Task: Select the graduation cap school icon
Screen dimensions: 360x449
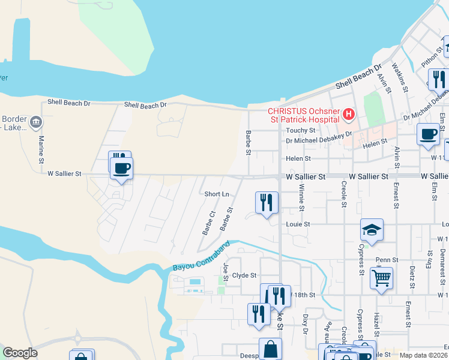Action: click(372, 230)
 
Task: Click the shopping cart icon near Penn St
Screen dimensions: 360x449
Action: click(381, 278)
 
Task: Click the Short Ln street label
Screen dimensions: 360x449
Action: click(217, 194)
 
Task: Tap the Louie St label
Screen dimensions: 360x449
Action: click(298, 224)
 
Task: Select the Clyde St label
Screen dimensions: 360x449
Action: click(244, 275)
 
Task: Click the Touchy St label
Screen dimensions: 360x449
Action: click(301, 130)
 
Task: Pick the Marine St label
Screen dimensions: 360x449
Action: click(42, 146)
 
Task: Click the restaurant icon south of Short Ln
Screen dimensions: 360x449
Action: click(267, 202)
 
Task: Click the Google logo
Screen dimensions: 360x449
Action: click(20, 353)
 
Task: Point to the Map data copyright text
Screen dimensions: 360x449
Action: click(424, 355)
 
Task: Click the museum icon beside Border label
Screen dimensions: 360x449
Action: click(36, 123)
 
